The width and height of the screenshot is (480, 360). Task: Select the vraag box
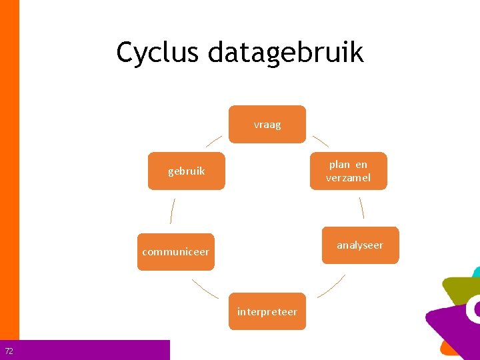coord(267,125)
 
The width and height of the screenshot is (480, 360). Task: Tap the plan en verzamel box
coord(348,171)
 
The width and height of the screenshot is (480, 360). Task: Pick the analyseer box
coord(360,245)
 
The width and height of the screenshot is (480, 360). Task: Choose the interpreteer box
coord(267,311)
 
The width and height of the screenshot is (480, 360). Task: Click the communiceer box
coord(175,252)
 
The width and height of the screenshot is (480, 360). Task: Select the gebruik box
coord(187,171)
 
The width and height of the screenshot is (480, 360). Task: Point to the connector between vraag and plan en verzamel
coord(321,141)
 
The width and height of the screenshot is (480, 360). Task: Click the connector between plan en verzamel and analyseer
coord(361,208)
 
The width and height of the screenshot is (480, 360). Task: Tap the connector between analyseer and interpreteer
coord(331,286)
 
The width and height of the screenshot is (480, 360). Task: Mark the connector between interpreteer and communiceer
coord(205,288)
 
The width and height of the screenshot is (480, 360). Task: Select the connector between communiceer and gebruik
coord(172,211)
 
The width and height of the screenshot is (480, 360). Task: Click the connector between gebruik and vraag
coord(214,140)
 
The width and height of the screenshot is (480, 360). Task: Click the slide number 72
coord(9,351)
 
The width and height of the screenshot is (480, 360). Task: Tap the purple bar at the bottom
coord(93,350)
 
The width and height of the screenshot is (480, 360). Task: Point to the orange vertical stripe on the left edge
coord(9,167)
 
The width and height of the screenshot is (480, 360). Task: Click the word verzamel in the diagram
coord(348,178)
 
